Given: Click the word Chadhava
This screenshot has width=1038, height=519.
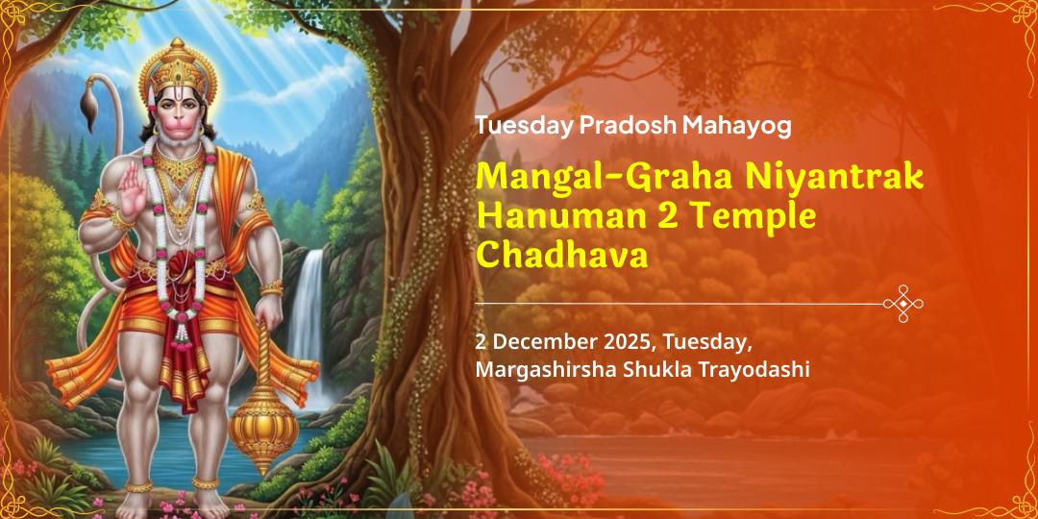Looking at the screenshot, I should pyautogui.click(x=562, y=255).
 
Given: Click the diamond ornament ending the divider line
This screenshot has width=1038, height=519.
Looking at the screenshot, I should pyautogui.click(x=903, y=304).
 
